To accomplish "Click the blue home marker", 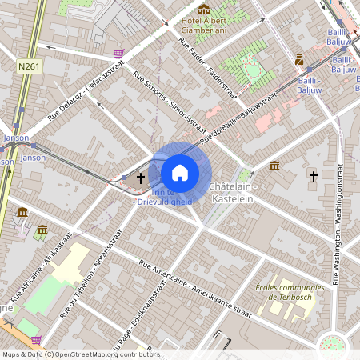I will [x=180, y=172].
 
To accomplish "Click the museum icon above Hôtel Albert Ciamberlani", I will [x=204, y=9].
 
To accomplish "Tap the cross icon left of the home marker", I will [x=141, y=177].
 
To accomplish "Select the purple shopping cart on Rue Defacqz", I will [x=119, y=54].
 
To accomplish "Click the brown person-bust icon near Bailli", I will [x=299, y=59].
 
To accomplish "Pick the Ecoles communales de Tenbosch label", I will [x=290, y=292].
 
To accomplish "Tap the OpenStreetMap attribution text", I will [x=80, y=354].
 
